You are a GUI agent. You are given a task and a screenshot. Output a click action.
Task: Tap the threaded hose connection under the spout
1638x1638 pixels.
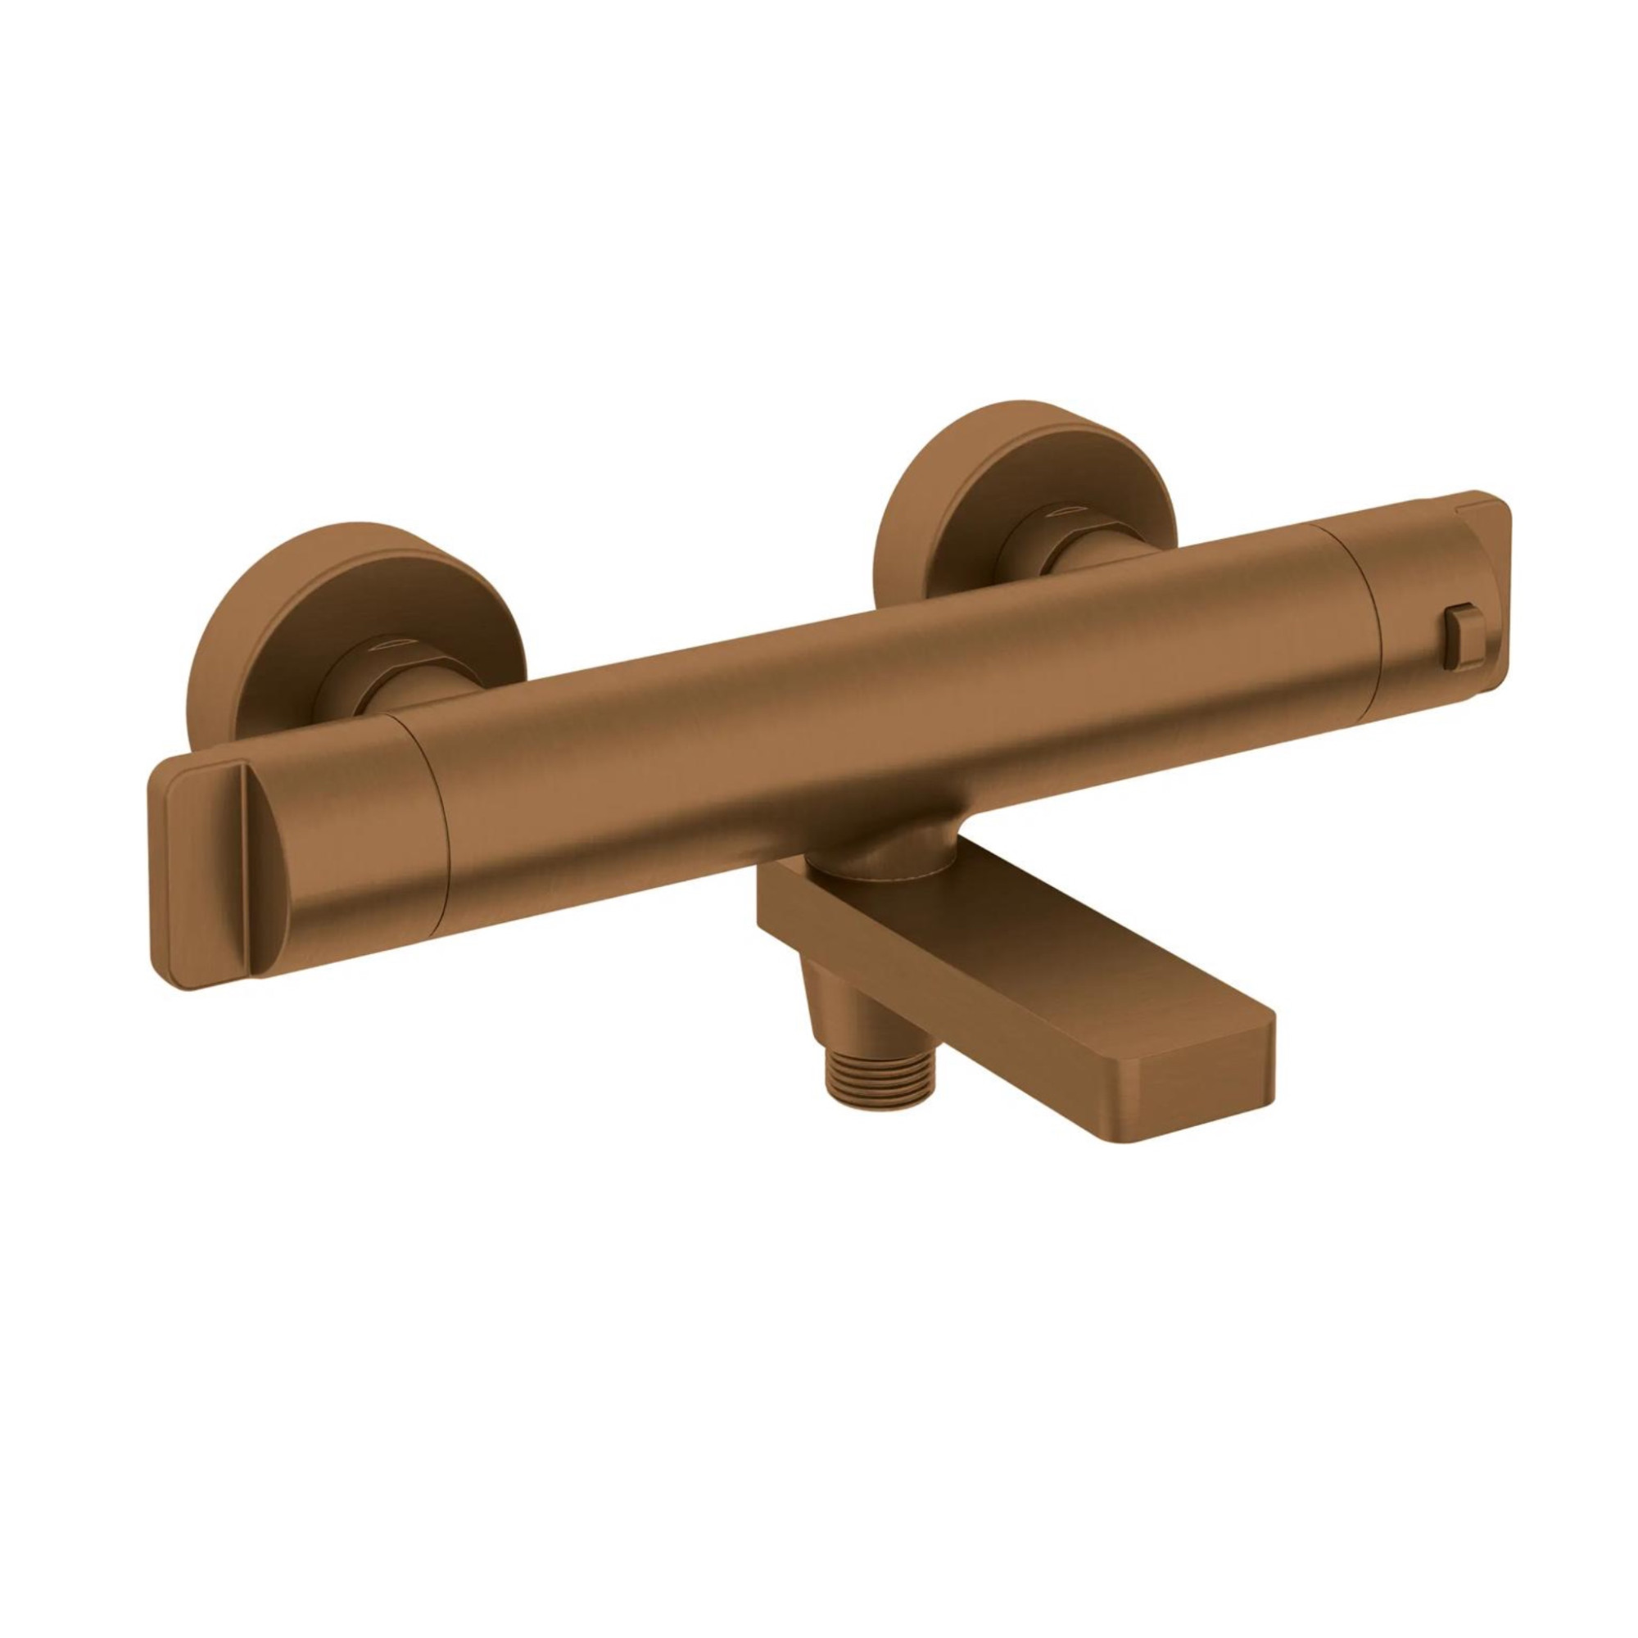[852, 1090]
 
